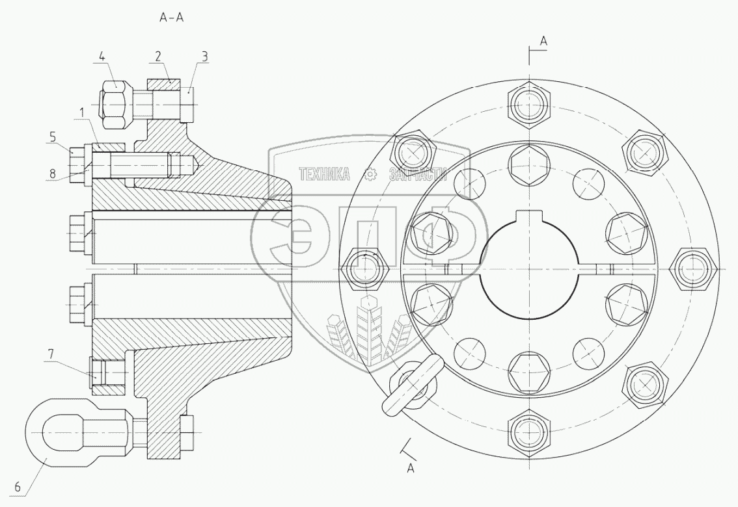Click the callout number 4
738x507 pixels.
(102, 57)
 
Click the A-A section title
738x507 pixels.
(172, 18)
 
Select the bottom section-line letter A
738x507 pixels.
(410, 468)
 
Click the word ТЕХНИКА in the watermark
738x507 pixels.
(324, 174)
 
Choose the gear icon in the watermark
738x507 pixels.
(370, 174)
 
